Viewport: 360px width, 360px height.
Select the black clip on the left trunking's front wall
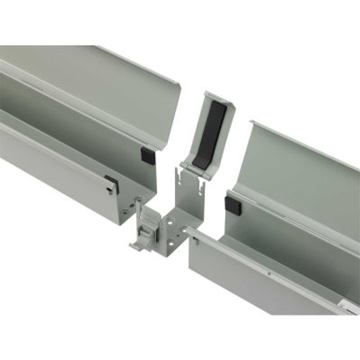point(111,184)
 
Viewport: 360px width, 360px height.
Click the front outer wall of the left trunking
point(58,173)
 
